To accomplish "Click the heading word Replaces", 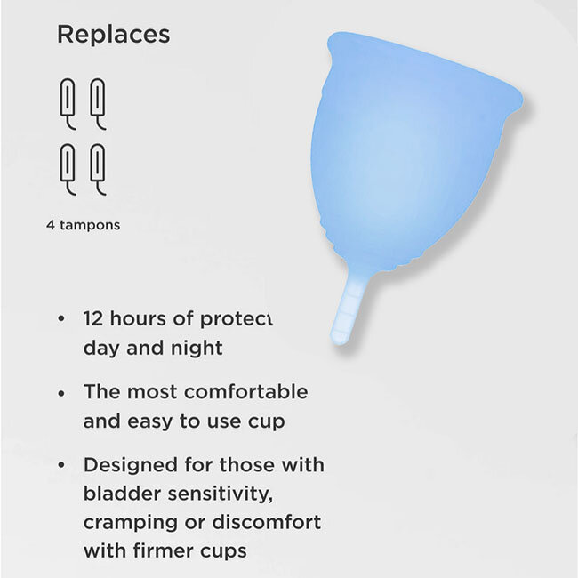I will [x=113, y=36].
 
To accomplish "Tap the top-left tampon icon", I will [x=68, y=103].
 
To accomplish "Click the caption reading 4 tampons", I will [x=83, y=225].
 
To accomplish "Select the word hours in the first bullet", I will [x=141, y=318].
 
